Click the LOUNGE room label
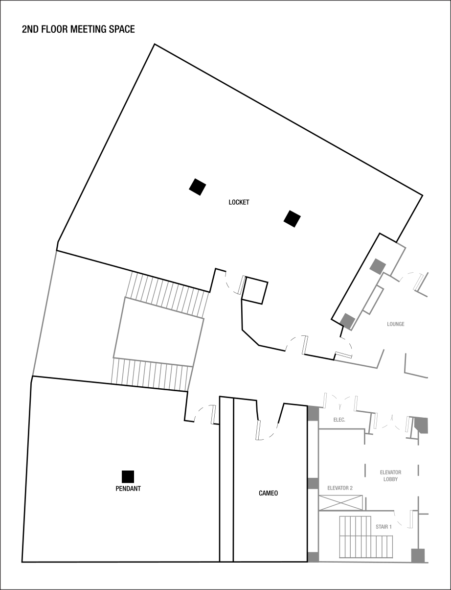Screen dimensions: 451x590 [x=396, y=324]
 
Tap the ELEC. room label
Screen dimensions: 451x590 [x=339, y=420]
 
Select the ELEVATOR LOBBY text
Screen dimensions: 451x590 [x=390, y=476]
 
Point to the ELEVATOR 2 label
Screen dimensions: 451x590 [x=340, y=488]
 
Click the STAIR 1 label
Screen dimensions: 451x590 [x=383, y=527]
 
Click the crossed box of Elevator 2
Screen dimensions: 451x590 [x=341, y=503]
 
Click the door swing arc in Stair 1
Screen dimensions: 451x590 [x=403, y=520]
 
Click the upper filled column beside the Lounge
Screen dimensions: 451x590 [x=378, y=266]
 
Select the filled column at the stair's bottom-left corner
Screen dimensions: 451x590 [x=313, y=557]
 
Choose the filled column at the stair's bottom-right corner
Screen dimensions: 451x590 [x=418, y=555]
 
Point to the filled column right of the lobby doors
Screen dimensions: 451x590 [x=421, y=425]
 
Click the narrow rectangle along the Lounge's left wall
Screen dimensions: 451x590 [x=373, y=300]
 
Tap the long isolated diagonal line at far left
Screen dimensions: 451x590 [x=45, y=313]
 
